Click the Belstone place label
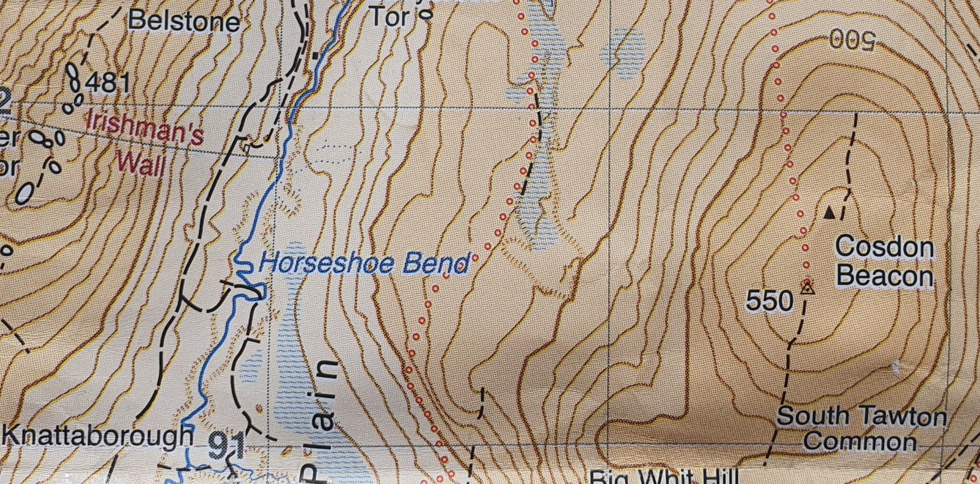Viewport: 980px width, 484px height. (184, 22)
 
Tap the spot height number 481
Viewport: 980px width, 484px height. (108, 83)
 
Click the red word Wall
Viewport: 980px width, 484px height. (140, 163)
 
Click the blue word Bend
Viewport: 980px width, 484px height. (435, 263)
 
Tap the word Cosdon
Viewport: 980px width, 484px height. (884, 248)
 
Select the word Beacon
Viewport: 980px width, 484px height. (884, 276)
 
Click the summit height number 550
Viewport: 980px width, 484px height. (770, 301)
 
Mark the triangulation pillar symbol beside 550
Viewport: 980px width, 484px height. (807, 289)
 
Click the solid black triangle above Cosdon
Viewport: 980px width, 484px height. (829, 213)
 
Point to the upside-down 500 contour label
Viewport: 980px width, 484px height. (852, 40)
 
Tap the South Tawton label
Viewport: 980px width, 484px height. (862, 416)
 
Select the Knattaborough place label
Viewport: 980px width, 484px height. (98, 436)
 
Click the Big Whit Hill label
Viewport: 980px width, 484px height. (663, 478)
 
